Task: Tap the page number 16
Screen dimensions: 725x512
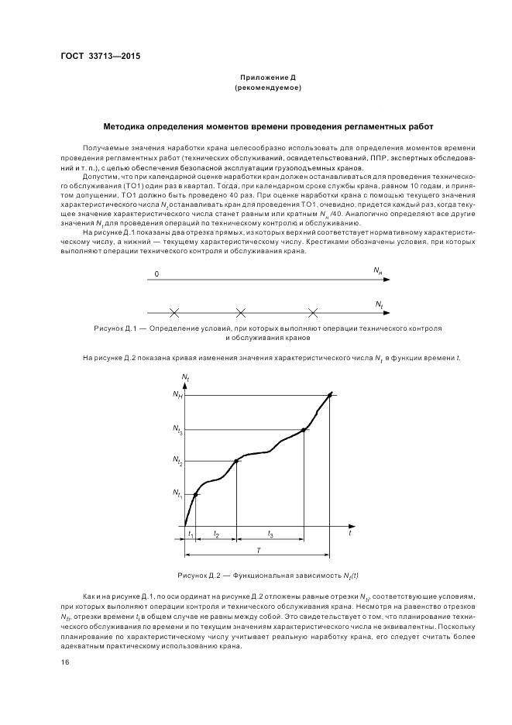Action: click(x=65, y=662)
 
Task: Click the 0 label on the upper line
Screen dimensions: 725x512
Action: click(x=156, y=274)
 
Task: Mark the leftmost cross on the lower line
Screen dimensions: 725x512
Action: click(x=174, y=313)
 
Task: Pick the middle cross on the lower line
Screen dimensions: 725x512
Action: click(x=241, y=313)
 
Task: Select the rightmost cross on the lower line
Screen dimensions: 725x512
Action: click(x=313, y=313)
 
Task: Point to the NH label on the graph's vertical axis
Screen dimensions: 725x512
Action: click(x=177, y=395)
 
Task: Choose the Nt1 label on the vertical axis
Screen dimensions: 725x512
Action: click(x=177, y=493)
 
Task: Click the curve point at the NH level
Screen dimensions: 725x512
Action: click(x=331, y=394)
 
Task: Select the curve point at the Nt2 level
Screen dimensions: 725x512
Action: click(x=236, y=461)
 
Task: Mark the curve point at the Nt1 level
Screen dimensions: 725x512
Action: click(x=195, y=494)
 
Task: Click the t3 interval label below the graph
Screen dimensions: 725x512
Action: click(x=270, y=534)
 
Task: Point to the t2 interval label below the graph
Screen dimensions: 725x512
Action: click(x=216, y=534)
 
